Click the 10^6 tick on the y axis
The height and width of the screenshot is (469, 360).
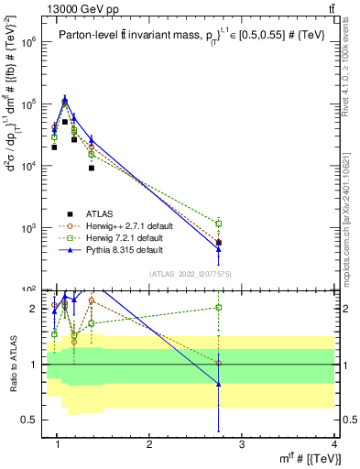point(29,43)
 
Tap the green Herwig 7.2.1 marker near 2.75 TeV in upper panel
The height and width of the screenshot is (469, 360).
point(218,223)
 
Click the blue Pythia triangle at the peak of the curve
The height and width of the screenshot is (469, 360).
point(65,99)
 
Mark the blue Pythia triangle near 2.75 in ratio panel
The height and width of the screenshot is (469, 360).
point(218,384)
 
